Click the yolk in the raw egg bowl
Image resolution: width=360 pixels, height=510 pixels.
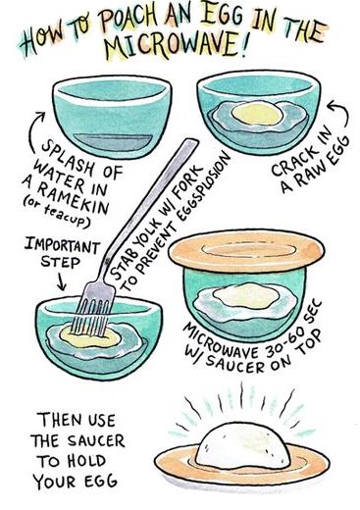coord(257,113)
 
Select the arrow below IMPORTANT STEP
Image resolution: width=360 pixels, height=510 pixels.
coord(61,281)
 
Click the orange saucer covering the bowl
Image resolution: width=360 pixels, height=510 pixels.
coord(246,250)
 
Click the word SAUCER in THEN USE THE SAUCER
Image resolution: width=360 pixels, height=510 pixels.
coord(96,441)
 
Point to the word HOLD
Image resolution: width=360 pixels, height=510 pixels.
coord(87,461)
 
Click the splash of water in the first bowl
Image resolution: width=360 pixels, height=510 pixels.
coord(113,142)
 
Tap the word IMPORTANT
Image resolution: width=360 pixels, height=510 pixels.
coord(62,246)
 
